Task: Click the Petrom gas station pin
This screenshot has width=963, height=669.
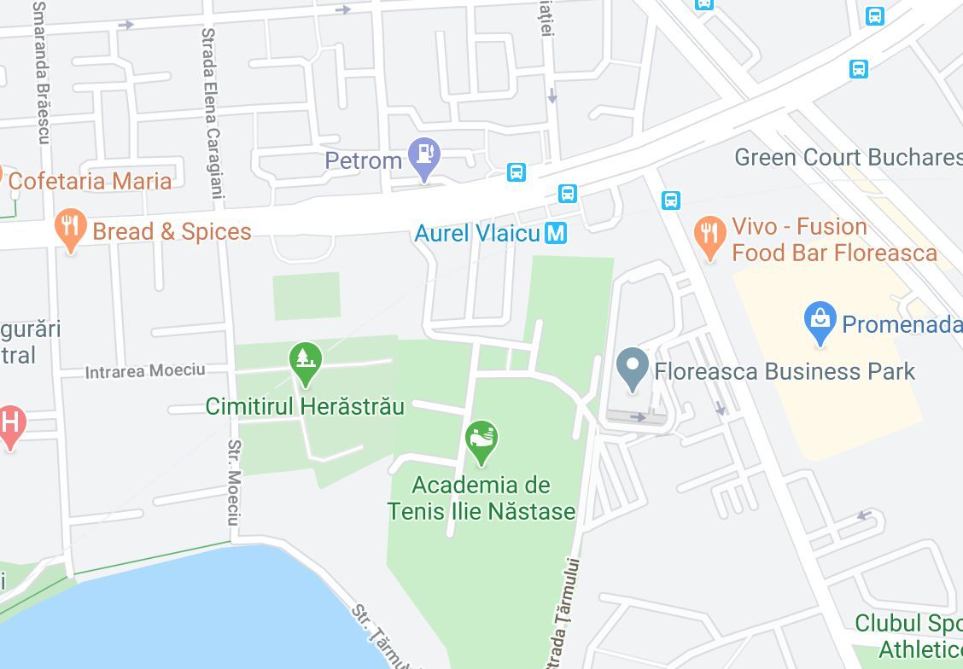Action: [x=423, y=155]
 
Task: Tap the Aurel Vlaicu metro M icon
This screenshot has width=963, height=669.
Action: [x=556, y=232]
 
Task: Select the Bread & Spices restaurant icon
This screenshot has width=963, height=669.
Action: [x=70, y=228]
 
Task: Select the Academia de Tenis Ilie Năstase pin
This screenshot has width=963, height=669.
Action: [x=481, y=439]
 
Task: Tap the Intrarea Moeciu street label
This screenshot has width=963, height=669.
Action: [x=145, y=370]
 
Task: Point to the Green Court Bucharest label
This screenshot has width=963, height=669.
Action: [x=848, y=157]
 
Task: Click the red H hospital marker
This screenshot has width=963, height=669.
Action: [x=10, y=423]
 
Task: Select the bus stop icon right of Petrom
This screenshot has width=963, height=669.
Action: [x=516, y=172]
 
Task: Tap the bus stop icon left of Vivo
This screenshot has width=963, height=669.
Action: [x=671, y=201]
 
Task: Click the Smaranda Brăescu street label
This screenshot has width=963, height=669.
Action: [x=41, y=73]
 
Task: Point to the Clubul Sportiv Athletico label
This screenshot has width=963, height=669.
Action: [x=908, y=636]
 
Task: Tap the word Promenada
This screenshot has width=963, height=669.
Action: [x=901, y=324]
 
